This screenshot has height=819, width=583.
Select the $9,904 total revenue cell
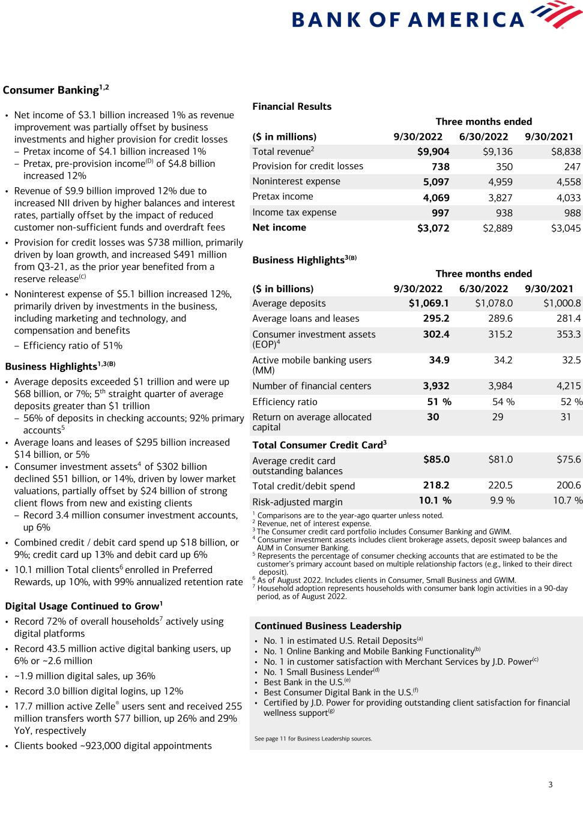(x=433, y=152)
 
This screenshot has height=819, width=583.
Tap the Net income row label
(x=279, y=227)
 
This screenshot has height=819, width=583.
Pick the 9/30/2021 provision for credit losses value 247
(x=572, y=167)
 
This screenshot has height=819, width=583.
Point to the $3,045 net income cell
(x=566, y=228)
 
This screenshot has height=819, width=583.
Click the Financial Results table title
(x=292, y=106)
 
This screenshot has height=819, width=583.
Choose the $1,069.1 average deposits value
(x=429, y=304)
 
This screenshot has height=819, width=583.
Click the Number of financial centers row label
(x=312, y=386)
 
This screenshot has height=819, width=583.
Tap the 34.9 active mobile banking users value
(x=439, y=360)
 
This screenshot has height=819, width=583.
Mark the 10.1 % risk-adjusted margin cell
(x=435, y=500)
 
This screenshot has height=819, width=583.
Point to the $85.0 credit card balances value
(x=436, y=460)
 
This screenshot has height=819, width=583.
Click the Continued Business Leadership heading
(x=328, y=626)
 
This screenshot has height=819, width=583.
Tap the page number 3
(x=550, y=785)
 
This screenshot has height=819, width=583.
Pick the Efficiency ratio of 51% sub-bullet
(x=73, y=346)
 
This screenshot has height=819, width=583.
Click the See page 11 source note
(x=313, y=739)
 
